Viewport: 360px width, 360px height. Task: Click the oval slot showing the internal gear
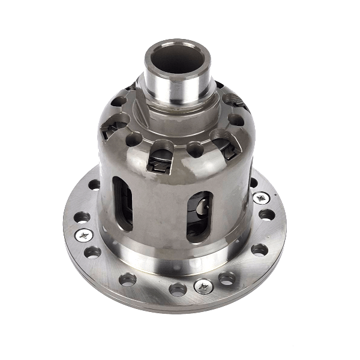pos(200,216)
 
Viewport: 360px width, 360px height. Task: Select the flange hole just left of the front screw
pos(178,289)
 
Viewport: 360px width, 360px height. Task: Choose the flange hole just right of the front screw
pos(227,278)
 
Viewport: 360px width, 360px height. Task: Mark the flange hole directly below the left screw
pos(93,252)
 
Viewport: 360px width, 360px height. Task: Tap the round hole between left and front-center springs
pos(133,139)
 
